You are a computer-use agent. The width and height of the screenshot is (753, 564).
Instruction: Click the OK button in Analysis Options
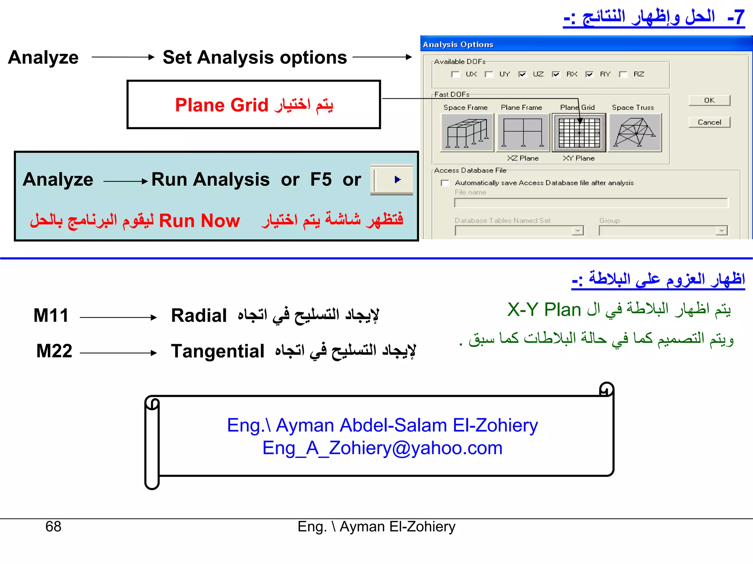pyautogui.click(x=709, y=100)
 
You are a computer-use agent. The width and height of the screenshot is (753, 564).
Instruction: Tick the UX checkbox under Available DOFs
pyautogui.click(x=455, y=75)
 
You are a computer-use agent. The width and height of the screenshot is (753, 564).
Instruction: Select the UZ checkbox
pyautogui.click(x=522, y=75)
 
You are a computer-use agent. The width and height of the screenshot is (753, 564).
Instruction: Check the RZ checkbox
pyautogui.click(x=623, y=75)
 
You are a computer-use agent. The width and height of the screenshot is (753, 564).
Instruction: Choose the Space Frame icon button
pyautogui.click(x=467, y=133)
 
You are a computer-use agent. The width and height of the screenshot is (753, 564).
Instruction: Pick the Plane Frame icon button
pyautogui.click(x=522, y=133)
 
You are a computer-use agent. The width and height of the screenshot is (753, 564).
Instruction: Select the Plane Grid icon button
pyautogui.click(x=579, y=133)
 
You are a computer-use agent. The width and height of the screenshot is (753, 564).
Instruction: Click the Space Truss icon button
pyautogui.click(x=635, y=133)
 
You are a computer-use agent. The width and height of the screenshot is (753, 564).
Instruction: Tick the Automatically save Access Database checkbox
pyautogui.click(x=445, y=183)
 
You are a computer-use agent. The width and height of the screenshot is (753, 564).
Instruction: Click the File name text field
pyautogui.click(x=591, y=203)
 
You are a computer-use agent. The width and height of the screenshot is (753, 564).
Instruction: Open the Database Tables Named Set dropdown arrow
pyautogui.click(x=578, y=231)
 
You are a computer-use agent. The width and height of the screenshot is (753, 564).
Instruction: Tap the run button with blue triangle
pyautogui.click(x=397, y=180)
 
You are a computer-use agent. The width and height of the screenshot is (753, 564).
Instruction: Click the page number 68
pyautogui.click(x=53, y=527)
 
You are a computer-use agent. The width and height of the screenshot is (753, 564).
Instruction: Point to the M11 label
pyautogui.click(x=51, y=315)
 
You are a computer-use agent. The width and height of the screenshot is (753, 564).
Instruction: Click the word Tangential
pyautogui.click(x=218, y=351)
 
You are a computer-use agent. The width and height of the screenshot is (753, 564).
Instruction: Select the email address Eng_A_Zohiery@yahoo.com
pyautogui.click(x=382, y=448)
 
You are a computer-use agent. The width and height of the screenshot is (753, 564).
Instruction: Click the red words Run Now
pyautogui.click(x=199, y=221)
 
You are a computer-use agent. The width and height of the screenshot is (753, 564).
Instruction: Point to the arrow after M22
pyautogui.click(x=118, y=353)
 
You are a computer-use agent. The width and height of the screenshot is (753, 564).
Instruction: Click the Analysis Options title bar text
pyautogui.click(x=458, y=44)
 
